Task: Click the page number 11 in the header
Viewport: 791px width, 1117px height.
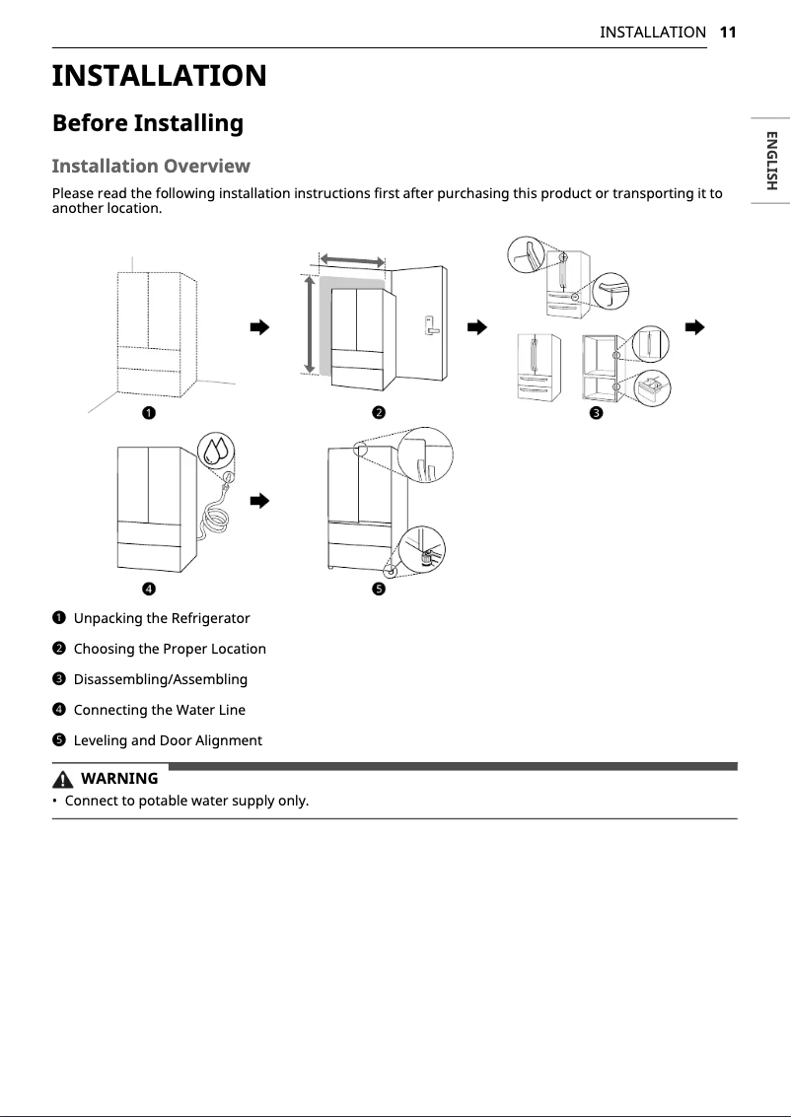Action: coord(728,32)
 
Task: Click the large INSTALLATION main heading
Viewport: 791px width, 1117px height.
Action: coord(159,76)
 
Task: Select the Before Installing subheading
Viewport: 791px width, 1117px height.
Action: coord(147,123)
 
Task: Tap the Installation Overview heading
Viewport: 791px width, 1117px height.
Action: coord(151,166)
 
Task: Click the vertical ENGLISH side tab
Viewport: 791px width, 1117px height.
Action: coord(771,160)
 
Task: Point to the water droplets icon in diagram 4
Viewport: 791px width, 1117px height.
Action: coord(215,451)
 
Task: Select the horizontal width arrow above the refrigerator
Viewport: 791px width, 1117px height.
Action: coord(352,259)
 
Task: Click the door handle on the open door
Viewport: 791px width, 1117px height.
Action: coord(430,324)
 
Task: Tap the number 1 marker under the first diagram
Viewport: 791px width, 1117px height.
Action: coord(146,412)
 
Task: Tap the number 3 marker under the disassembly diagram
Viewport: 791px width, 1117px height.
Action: coord(596,412)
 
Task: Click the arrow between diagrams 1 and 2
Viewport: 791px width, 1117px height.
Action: coord(259,327)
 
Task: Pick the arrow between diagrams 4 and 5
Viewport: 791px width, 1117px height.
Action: coord(259,501)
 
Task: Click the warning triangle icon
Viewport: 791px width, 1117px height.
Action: coord(65,779)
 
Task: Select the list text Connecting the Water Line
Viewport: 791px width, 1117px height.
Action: coord(159,710)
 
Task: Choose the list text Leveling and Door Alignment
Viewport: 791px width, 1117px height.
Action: coord(168,740)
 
